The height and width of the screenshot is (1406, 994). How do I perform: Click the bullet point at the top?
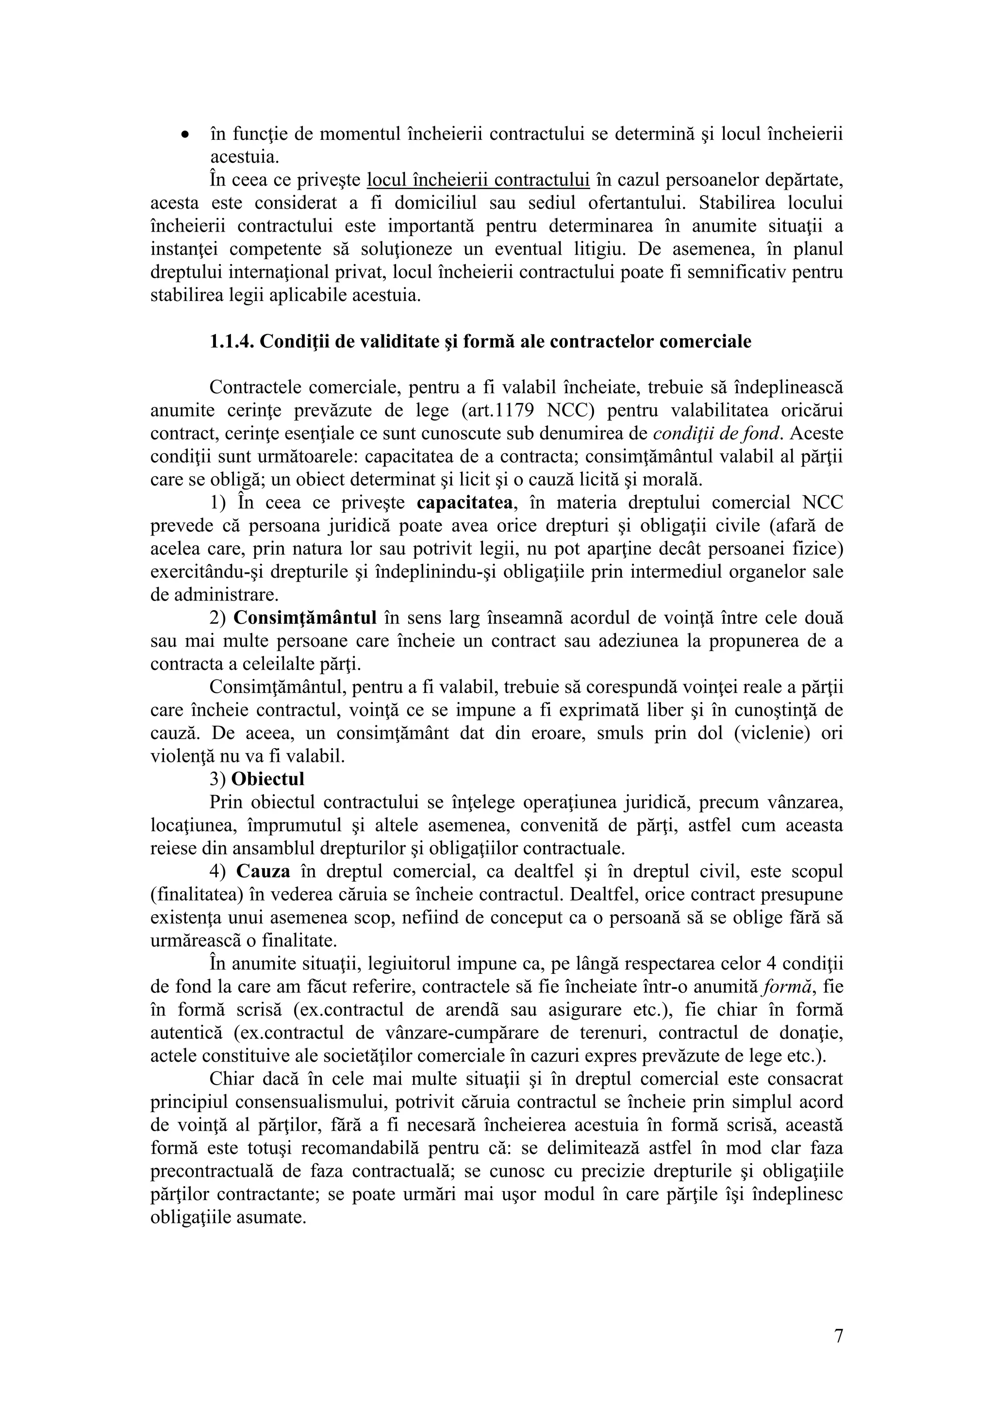[183, 135]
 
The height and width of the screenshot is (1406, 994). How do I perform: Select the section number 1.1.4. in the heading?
[232, 341]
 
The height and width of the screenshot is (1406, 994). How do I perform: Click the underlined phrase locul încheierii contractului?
[478, 180]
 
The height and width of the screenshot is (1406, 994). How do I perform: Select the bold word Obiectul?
[267, 779]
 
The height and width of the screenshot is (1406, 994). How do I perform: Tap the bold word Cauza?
[263, 871]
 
